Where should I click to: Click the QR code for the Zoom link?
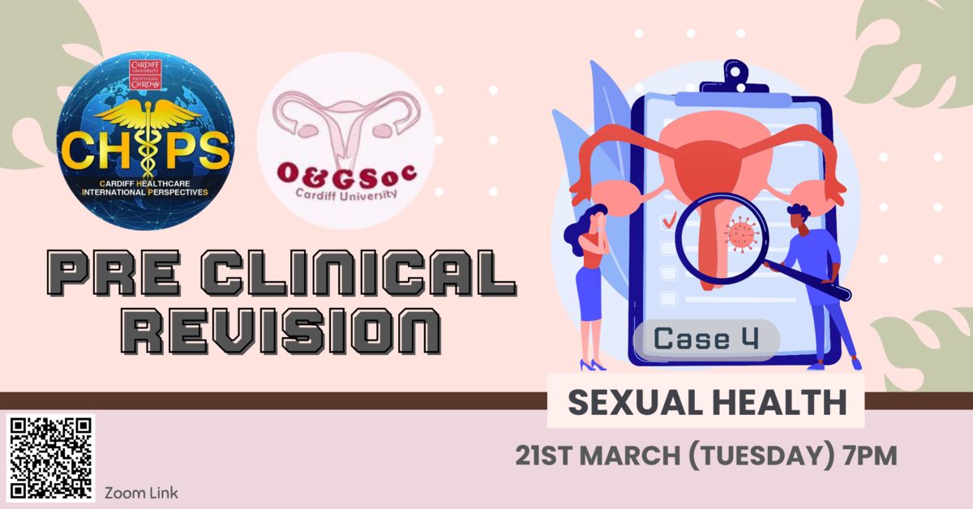coord(50,458)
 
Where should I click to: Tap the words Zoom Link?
coord(141,494)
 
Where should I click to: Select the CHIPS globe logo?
coord(145,140)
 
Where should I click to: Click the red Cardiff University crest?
coord(145,75)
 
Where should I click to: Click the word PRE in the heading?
coord(114,274)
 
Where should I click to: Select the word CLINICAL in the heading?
coord(358,274)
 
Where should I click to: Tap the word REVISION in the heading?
coord(281,331)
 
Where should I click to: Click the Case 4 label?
coord(706,339)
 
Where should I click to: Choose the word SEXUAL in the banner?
coord(636,403)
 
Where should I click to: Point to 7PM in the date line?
coord(869,456)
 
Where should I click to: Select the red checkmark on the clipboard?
coord(670,221)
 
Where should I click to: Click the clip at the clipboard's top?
coord(735,78)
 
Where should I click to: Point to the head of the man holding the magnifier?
coord(799,217)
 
